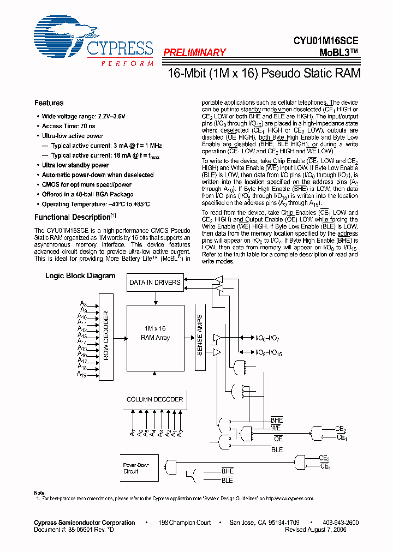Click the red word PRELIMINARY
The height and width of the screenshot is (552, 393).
(194, 53)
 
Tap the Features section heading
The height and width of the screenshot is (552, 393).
(49, 103)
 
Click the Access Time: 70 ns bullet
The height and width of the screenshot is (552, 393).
(69, 126)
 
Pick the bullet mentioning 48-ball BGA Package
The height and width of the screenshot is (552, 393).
(87, 194)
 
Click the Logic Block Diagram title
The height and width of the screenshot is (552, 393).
(80, 276)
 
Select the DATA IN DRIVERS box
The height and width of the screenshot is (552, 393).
(154, 283)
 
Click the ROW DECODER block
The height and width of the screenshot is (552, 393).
(106, 337)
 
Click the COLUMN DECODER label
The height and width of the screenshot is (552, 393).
(154, 399)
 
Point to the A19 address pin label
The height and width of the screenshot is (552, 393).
(81, 375)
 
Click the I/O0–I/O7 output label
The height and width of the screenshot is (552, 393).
(267, 339)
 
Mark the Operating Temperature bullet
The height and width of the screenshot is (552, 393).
(96, 204)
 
